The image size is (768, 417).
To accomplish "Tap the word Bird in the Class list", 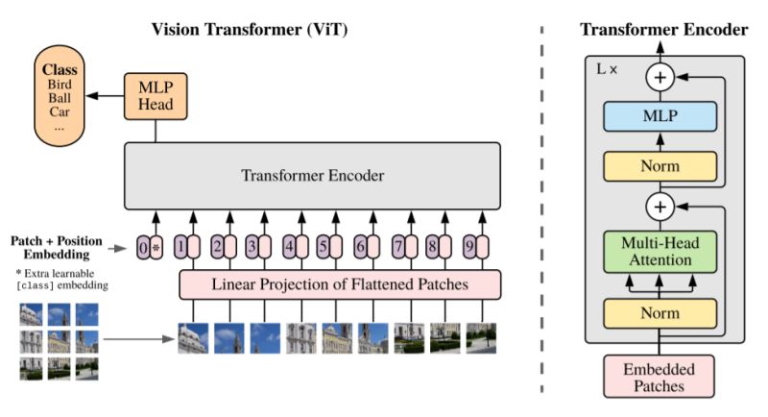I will tap(59, 85).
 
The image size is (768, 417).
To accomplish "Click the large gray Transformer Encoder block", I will tap(311, 176).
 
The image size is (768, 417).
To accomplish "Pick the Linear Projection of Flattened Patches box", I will tap(340, 284).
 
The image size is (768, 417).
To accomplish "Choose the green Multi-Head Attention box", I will tap(660, 252).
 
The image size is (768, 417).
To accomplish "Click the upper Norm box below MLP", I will tap(660, 166).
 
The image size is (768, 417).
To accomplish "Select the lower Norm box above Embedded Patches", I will tap(660, 312).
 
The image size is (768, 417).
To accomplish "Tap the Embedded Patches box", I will tap(660, 375).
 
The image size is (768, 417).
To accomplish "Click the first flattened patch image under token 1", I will tap(193, 338).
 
